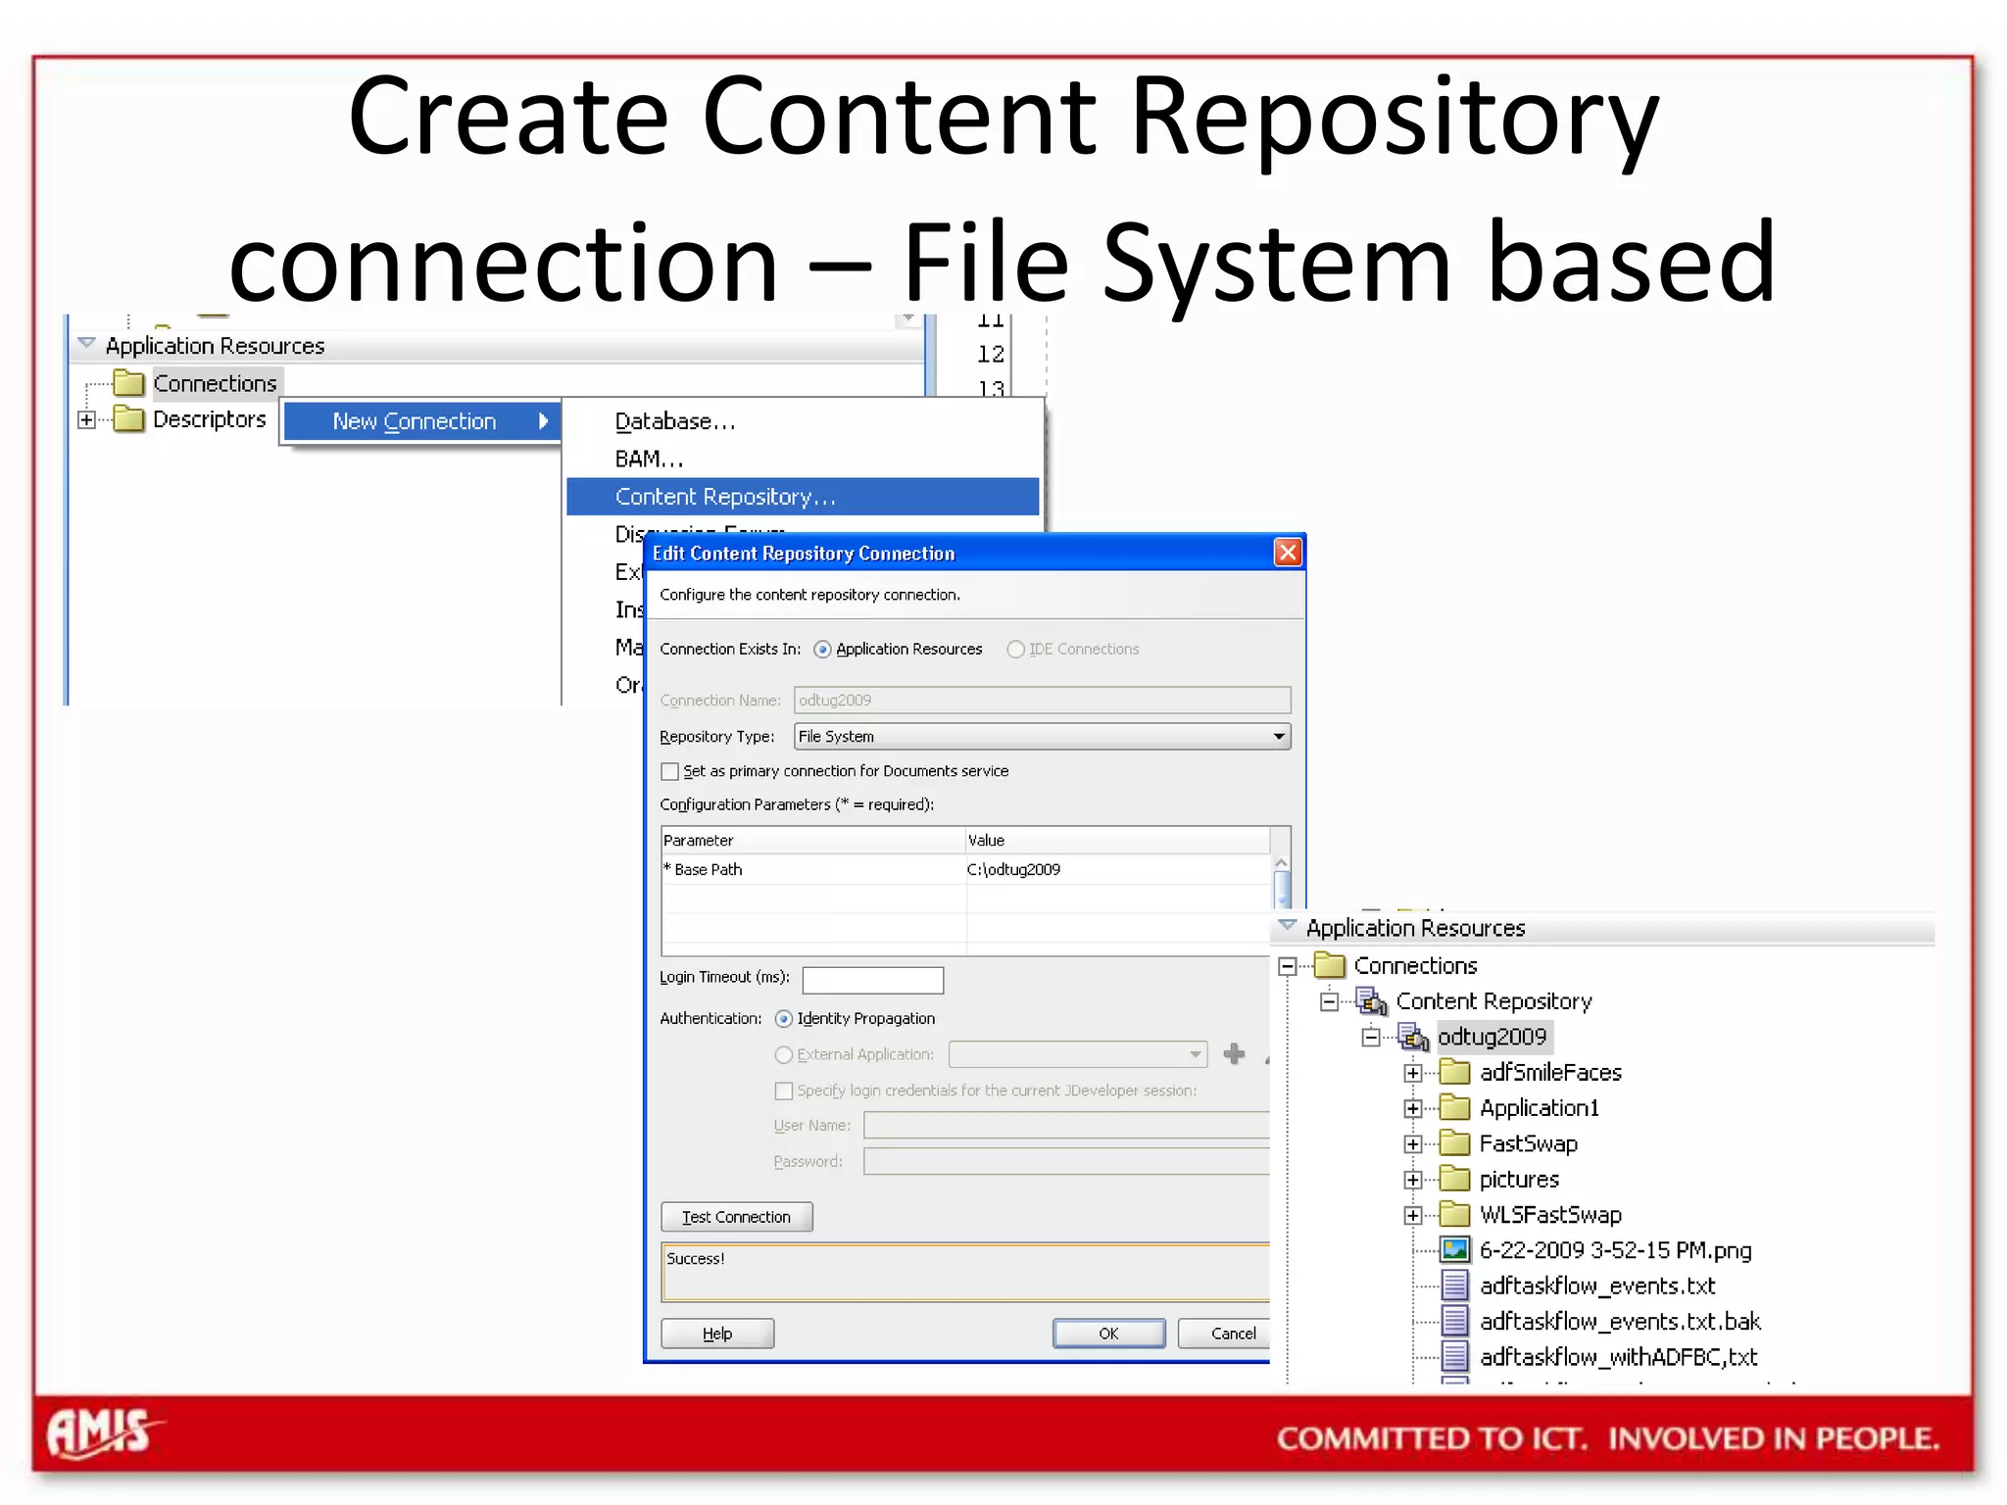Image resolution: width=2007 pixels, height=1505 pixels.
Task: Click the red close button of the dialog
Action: [1288, 553]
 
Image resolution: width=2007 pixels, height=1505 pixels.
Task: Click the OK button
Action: [1108, 1334]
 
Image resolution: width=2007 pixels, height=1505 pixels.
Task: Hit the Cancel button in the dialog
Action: [1232, 1334]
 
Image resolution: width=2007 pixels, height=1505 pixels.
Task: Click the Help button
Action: [717, 1334]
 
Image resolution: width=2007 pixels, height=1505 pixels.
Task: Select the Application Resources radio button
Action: [822, 650]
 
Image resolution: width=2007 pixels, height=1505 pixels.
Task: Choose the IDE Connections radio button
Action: [1016, 650]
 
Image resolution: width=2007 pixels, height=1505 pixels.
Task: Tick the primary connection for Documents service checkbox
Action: [670, 772]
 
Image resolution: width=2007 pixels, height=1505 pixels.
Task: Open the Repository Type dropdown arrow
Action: [1279, 737]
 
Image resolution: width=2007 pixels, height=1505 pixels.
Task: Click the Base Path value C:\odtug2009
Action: [1013, 870]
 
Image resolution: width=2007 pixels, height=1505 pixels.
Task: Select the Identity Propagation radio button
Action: [784, 1019]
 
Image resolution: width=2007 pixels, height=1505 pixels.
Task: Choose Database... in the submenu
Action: [674, 421]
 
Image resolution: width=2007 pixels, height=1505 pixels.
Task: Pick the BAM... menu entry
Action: [649, 460]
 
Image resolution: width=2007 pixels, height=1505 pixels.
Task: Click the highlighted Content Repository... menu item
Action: [725, 497]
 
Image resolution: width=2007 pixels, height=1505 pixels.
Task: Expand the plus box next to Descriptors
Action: [87, 420]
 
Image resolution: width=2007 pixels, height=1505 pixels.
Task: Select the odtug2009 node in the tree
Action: [1492, 1037]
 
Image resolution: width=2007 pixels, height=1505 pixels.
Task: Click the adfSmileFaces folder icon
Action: [1455, 1073]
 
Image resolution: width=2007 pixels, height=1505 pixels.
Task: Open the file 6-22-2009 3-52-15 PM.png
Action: [1615, 1250]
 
